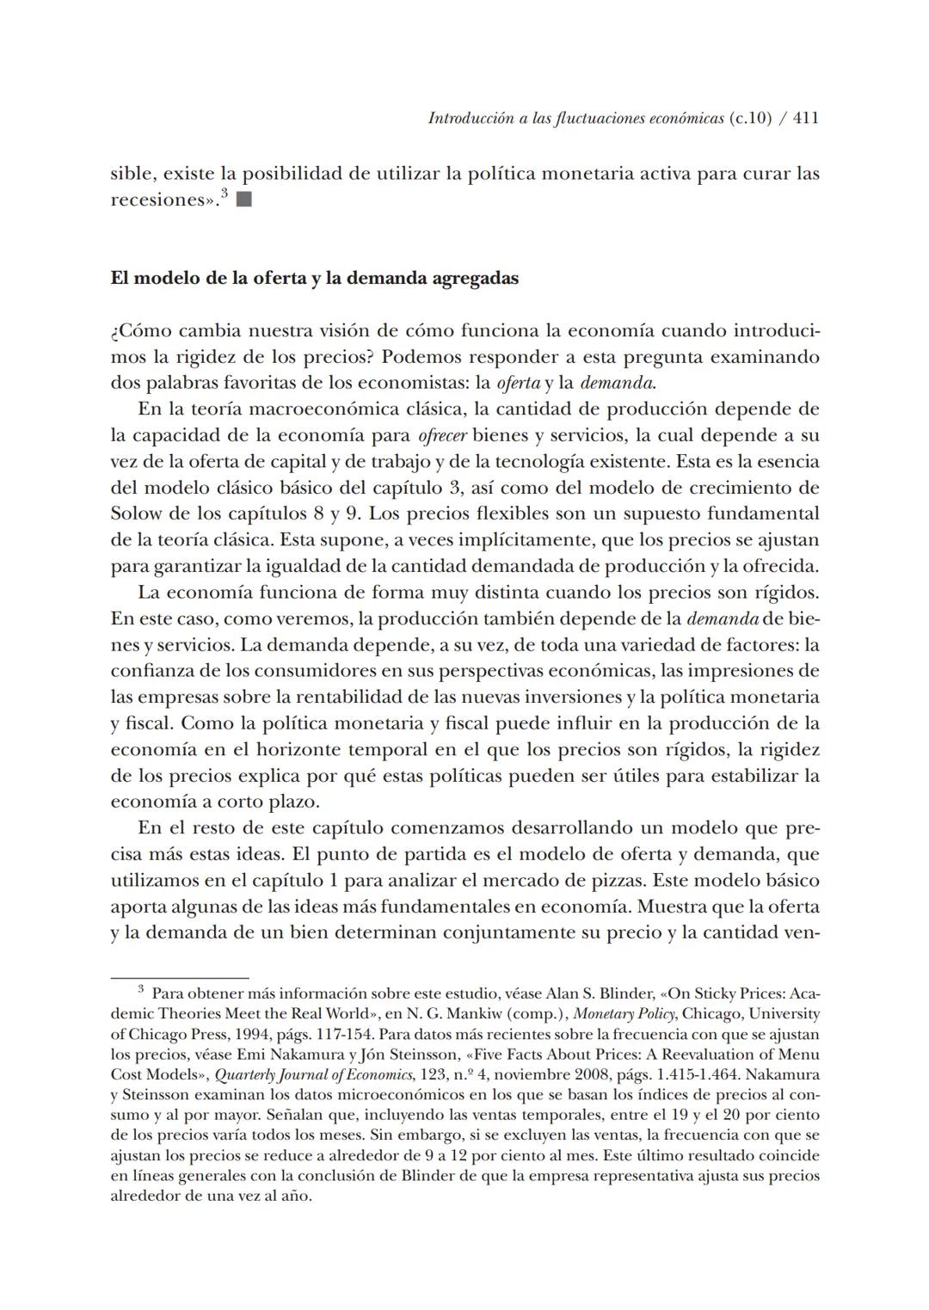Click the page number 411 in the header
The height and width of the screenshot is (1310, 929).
point(805,119)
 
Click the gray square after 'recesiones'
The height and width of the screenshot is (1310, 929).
point(243,200)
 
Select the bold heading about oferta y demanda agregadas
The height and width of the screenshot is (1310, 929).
point(314,279)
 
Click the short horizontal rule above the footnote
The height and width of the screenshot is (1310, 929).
point(179,978)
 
